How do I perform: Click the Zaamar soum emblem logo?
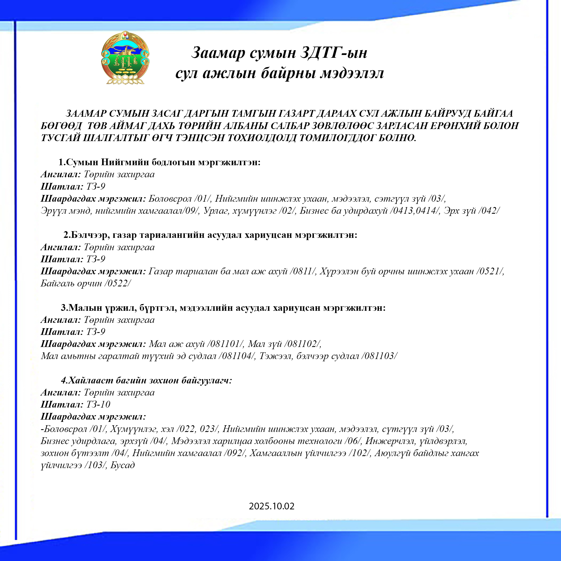click(x=125, y=58)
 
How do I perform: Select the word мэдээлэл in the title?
click(x=352, y=73)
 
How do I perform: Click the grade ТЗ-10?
click(x=98, y=404)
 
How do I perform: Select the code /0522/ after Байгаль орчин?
click(x=119, y=283)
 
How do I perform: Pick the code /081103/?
click(x=379, y=356)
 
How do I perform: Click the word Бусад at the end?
click(x=123, y=465)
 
